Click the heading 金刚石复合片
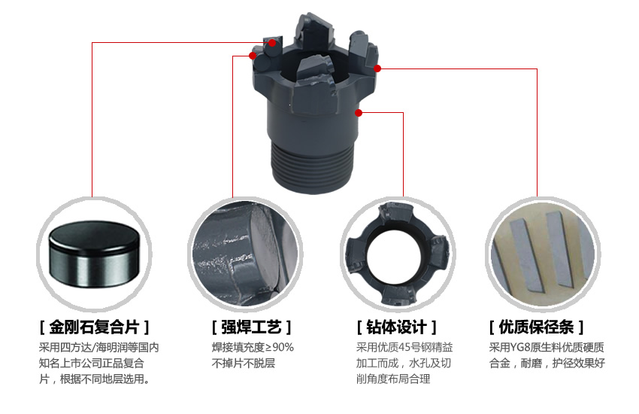pyautogui.click(x=95, y=327)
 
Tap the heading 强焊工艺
pyautogui.click(x=251, y=327)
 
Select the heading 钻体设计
pyautogui.click(x=396, y=327)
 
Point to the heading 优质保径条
pyautogui.click(x=536, y=327)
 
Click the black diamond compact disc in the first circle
pyautogui.click(x=94, y=254)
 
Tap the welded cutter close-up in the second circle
pyautogui.click(x=245, y=254)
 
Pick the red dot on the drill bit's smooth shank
pyautogui.click(x=359, y=113)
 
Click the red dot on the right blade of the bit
pyautogui.click(x=377, y=68)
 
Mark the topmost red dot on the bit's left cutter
pyautogui.click(x=272, y=42)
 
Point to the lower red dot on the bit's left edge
pyautogui.click(x=253, y=56)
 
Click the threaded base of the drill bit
pyautogui.click(x=312, y=167)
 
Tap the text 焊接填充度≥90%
pyautogui.click(x=253, y=348)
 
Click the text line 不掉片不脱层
pyautogui.click(x=244, y=363)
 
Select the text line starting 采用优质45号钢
pyautogui.click(x=404, y=348)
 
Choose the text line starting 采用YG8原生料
pyautogui.click(x=547, y=348)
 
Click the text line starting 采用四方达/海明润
pyautogui.click(x=98, y=348)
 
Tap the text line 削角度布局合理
pyautogui.click(x=393, y=379)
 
